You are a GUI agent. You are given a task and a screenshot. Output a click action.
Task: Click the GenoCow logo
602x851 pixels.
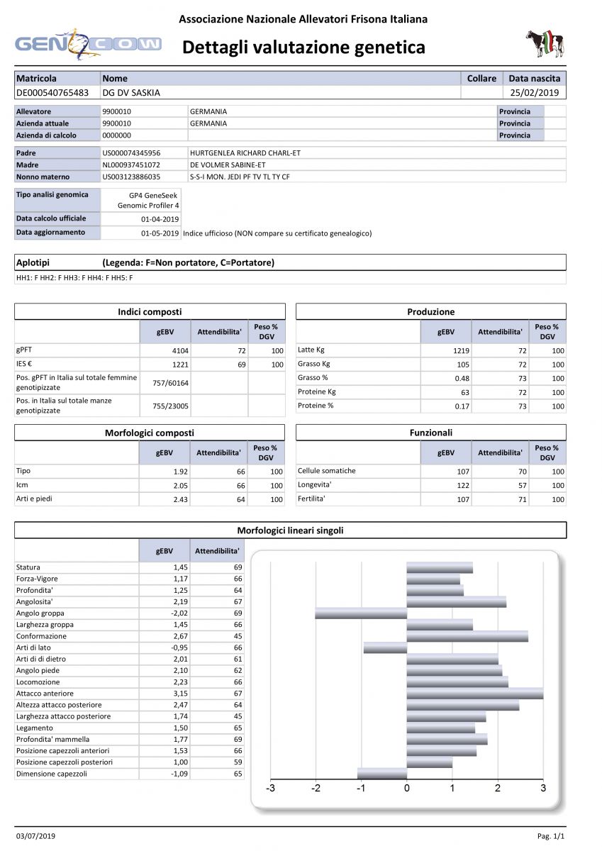pyautogui.click(x=88, y=44)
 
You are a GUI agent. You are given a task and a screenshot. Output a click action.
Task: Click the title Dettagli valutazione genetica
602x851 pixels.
pyautogui.click(x=303, y=48)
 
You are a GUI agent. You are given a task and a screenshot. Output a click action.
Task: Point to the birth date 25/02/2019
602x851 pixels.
pyautogui.click(x=535, y=92)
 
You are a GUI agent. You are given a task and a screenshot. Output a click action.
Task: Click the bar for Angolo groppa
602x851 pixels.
pyautogui.click(x=361, y=613)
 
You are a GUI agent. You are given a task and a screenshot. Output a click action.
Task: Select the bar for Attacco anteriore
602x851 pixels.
pyautogui.click(x=474, y=694)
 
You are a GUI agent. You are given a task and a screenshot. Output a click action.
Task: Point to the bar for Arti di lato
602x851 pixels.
pyautogui.click(x=385, y=647)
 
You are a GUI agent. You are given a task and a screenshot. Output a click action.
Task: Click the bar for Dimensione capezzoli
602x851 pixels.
pyautogui.click(x=381, y=774)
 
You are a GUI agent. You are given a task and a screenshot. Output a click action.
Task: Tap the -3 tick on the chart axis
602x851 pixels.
pyautogui.click(x=270, y=788)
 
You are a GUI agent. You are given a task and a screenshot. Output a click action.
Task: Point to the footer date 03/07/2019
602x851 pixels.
pyautogui.click(x=35, y=836)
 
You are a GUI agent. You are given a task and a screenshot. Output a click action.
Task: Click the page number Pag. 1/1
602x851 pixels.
pyautogui.click(x=552, y=836)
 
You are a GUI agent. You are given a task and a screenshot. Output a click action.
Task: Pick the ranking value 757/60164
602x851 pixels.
pyautogui.click(x=164, y=383)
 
